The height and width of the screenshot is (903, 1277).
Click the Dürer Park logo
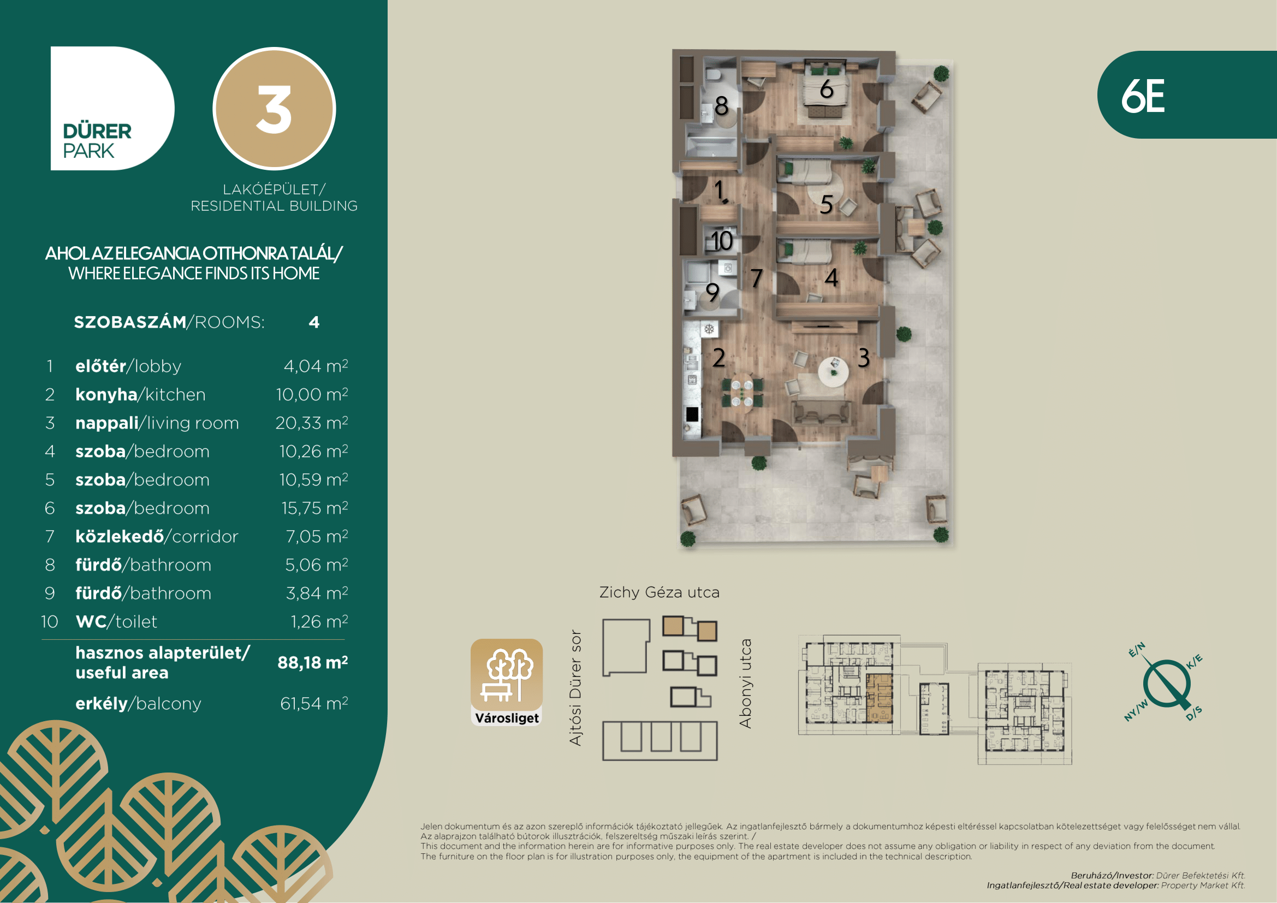[112, 108]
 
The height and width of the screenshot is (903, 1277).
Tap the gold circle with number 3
[274, 109]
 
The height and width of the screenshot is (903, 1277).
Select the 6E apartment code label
[1142, 96]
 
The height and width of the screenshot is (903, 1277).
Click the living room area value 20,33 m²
[311, 423]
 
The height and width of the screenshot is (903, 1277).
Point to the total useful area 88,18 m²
[313, 662]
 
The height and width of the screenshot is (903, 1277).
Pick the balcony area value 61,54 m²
[314, 703]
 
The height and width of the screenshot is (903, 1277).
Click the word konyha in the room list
[106, 394]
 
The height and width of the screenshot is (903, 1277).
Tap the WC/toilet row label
[116, 622]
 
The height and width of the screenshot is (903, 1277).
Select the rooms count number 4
[314, 323]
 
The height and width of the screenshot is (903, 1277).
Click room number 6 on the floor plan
[827, 89]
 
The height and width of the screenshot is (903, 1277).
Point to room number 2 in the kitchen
[718, 358]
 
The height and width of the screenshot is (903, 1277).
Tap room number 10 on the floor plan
[722, 241]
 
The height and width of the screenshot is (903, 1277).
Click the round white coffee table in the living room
[833, 370]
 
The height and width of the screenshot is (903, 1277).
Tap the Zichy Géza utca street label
[659, 592]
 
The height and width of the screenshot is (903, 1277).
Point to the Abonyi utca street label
[745, 684]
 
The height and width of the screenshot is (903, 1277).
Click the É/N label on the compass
[1136, 650]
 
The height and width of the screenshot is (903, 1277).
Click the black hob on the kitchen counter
[692, 414]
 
